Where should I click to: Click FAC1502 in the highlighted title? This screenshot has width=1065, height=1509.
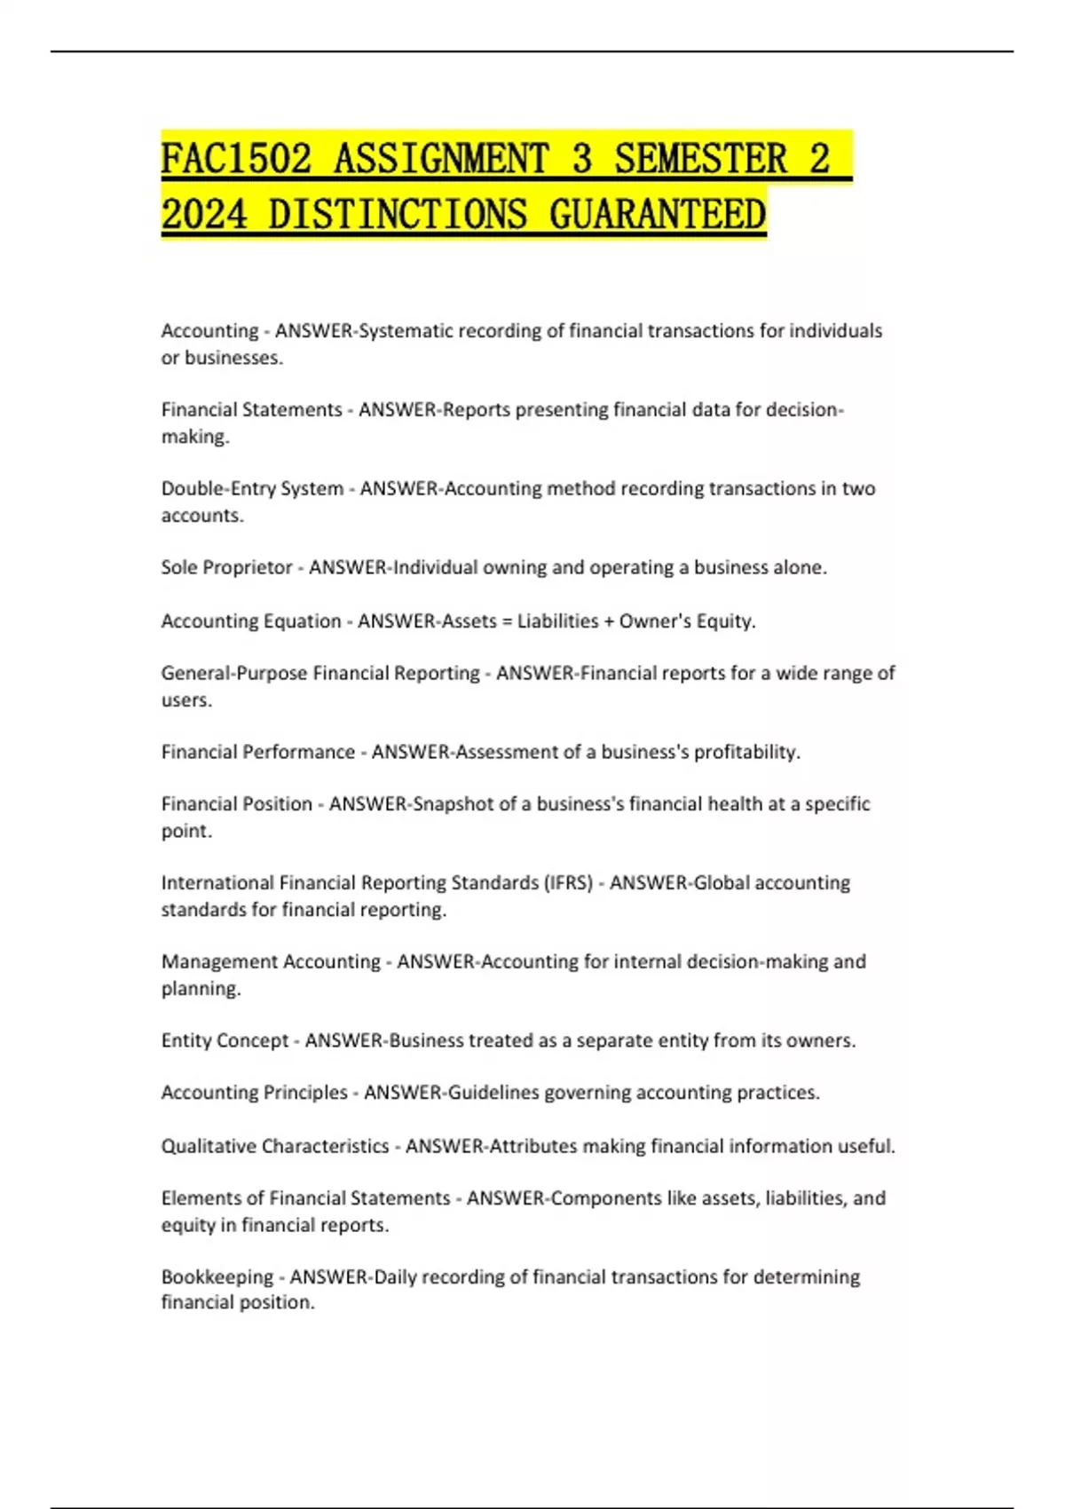click(x=236, y=160)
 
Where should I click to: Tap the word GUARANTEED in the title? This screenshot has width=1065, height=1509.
click(x=657, y=216)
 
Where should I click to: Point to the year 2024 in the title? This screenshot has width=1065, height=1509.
click(x=204, y=216)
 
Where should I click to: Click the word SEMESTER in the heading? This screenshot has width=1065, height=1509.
click(x=700, y=160)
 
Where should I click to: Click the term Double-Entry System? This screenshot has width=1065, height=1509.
click(x=252, y=489)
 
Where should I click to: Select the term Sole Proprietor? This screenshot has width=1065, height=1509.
click(x=226, y=568)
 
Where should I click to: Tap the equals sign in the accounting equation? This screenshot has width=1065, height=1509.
click(x=507, y=621)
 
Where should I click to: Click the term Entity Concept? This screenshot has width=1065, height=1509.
click(x=225, y=1040)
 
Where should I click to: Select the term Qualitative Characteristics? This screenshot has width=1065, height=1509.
click(x=275, y=1146)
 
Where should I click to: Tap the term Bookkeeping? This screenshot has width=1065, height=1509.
click(x=217, y=1276)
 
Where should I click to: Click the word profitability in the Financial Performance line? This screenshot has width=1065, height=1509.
click(x=746, y=752)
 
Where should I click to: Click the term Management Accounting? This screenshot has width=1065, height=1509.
click(x=271, y=961)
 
